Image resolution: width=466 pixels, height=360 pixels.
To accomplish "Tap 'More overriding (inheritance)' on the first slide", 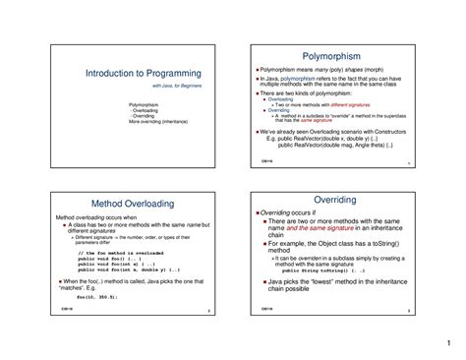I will point(158,122).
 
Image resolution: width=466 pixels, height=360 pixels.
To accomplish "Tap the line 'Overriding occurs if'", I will point(288,212).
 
